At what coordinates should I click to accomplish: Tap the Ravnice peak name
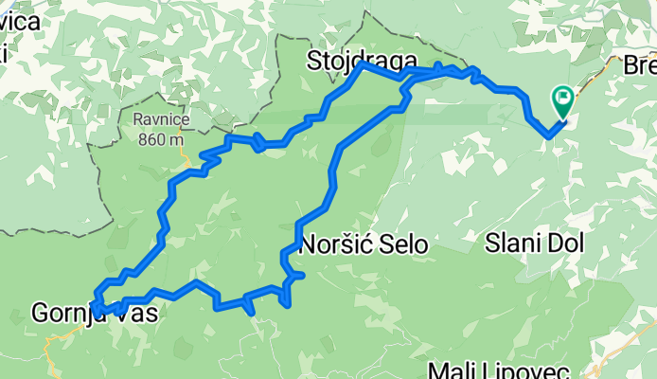(x=162, y=121)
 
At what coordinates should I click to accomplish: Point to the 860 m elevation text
(x=161, y=140)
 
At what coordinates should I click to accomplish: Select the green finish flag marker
(x=563, y=98)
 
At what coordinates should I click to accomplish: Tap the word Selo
(x=400, y=244)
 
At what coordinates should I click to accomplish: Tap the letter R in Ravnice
(x=138, y=121)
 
